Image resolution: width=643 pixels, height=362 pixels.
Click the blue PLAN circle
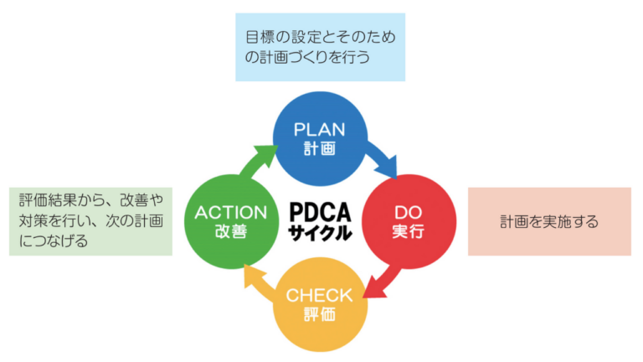click(321, 138)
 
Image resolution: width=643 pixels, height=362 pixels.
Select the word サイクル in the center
click(321, 232)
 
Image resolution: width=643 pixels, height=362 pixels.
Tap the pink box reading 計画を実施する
click(549, 222)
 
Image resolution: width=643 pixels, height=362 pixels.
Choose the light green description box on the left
click(90, 220)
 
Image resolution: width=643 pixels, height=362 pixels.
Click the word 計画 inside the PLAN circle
click(321, 148)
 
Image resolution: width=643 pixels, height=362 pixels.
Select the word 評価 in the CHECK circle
click(321, 315)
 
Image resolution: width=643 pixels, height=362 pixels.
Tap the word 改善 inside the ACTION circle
click(229, 232)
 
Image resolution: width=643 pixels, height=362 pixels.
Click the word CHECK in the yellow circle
click(321, 295)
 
